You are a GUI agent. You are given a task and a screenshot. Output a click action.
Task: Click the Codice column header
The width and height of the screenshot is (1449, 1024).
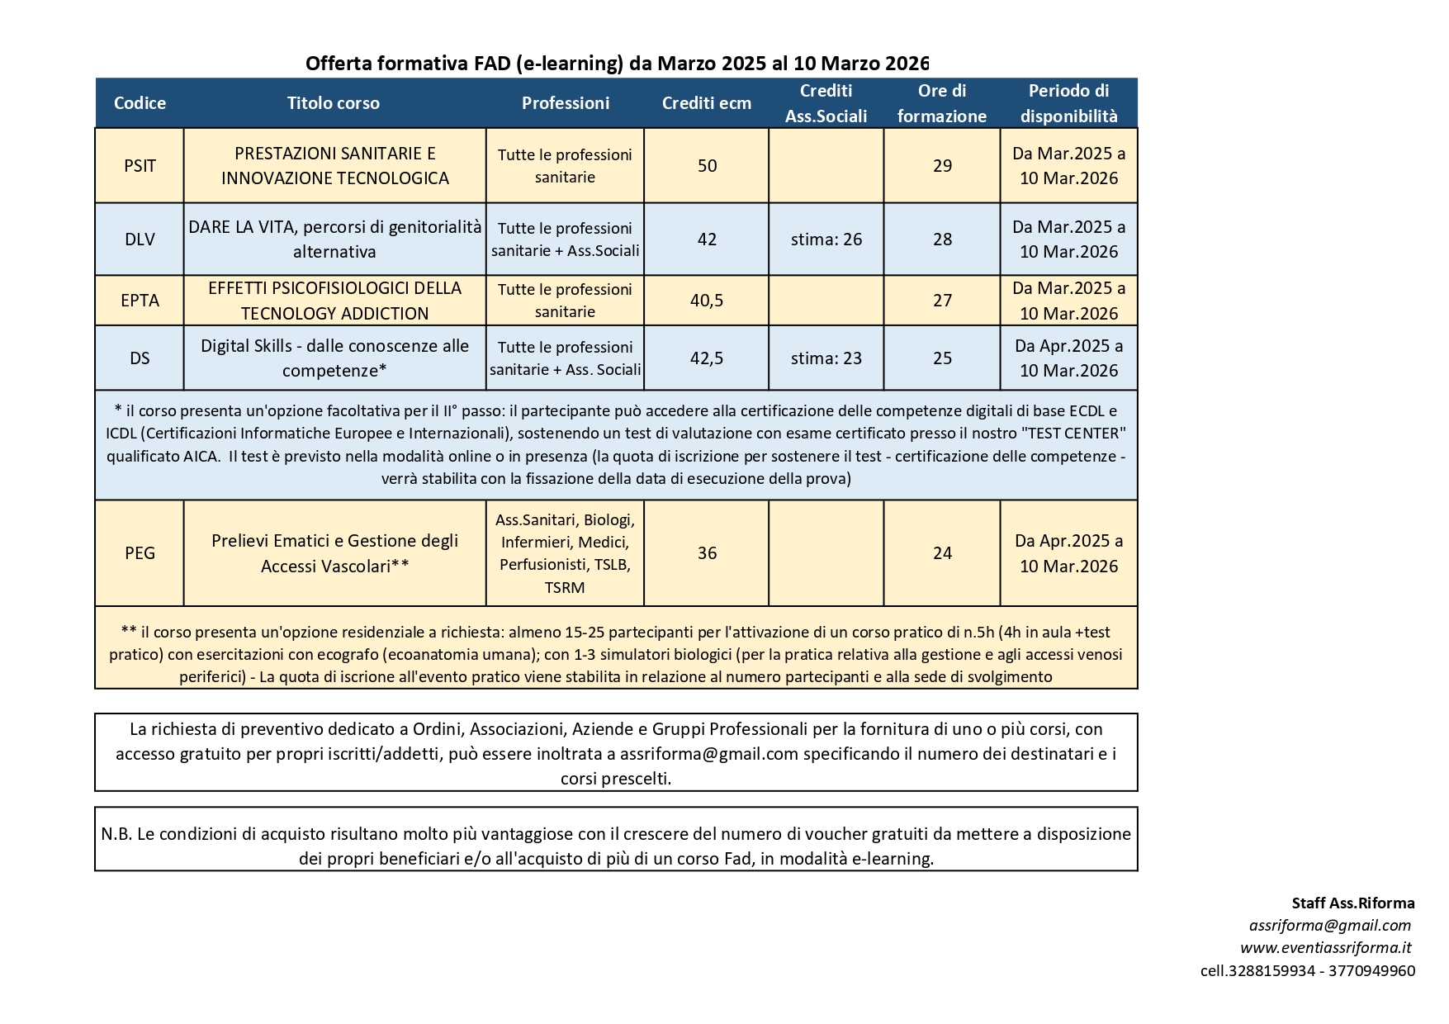click(140, 103)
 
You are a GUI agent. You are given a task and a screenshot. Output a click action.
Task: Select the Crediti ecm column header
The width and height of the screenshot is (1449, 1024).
click(707, 103)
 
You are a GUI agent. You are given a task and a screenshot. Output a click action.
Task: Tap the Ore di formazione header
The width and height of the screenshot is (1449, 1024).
click(942, 103)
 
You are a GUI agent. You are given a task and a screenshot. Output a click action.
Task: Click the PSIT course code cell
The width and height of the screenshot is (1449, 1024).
click(140, 165)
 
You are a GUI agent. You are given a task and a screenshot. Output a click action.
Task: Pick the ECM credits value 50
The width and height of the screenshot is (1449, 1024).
click(707, 165)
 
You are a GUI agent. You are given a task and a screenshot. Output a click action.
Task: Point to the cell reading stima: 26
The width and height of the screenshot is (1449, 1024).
click(826, 239)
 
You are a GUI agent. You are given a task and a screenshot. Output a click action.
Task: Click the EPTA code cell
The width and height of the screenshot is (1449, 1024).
click(140, 301)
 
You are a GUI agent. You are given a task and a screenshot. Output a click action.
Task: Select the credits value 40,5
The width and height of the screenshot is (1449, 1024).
click(707, 301)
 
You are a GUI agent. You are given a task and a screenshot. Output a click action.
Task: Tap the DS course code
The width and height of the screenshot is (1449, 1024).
click(140, 358)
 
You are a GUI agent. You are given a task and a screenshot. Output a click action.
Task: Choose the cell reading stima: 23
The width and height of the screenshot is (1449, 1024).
click(826, 358)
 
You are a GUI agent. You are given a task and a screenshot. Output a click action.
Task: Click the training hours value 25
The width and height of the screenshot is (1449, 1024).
click(942, 358)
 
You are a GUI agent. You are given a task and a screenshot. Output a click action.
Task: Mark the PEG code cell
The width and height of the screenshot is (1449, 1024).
click(140, 553)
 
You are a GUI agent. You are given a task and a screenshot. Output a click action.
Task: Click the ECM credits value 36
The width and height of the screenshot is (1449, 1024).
click(707, 553)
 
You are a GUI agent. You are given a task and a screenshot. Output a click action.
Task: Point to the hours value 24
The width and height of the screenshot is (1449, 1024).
click(942, 553)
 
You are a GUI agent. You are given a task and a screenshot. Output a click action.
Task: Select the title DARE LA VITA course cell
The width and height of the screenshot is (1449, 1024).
click(334, 239)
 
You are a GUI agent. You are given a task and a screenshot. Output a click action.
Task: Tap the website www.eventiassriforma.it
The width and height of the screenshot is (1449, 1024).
click(1325, 948)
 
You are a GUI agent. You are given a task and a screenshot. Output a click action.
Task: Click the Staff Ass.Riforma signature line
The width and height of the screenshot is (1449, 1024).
click(1352, 903)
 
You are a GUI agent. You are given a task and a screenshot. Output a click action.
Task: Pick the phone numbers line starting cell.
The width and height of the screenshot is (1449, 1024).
click(1307, 971)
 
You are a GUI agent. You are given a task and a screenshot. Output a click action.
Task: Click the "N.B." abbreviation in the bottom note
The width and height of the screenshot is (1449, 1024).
click(116, 834)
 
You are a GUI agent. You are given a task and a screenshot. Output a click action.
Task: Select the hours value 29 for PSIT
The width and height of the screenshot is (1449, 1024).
click(942, 165)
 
